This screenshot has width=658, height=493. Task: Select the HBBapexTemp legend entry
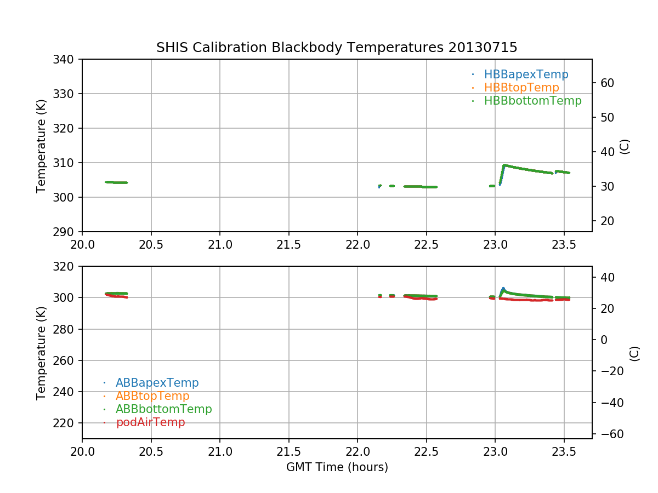526,74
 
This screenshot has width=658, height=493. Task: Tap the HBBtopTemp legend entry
521,88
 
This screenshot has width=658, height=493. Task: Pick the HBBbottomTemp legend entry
532,101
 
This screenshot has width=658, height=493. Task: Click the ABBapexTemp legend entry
157,383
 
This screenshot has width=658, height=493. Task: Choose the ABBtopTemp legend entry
152,396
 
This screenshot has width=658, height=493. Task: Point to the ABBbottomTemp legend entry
163,409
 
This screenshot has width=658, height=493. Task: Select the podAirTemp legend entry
150,422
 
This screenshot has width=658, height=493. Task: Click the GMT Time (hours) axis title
337,467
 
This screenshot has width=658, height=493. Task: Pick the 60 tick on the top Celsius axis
604,83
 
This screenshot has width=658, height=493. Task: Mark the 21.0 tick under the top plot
220,244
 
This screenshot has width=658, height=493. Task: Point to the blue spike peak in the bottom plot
503,288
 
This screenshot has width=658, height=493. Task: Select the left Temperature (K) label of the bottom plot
41,353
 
